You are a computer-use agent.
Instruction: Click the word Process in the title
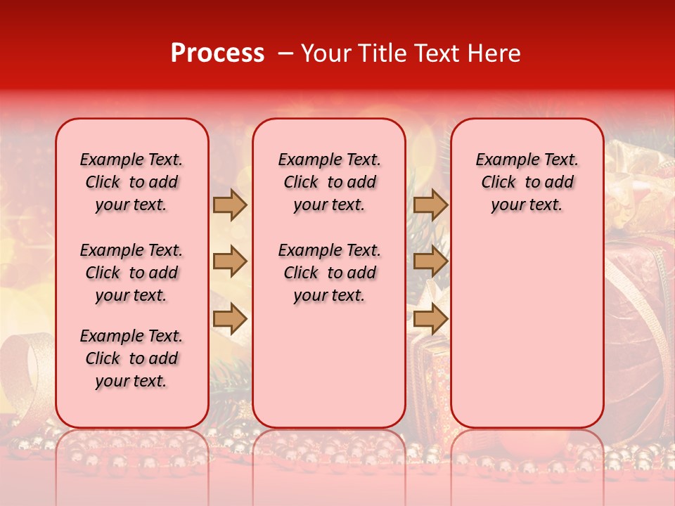(x=217, y=53)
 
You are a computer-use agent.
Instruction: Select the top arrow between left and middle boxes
(x=230, y=205)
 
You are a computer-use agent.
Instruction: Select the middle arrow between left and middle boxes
(x=230, y=262)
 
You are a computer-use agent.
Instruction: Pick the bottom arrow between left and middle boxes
(x=230, y=319)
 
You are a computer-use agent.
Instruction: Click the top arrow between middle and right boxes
(x=430, y=205)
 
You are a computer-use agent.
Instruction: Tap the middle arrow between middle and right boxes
(x=430, y=262)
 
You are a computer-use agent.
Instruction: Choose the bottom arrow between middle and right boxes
(x=430, y=319)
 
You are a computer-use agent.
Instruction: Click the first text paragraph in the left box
(x=131, y=182)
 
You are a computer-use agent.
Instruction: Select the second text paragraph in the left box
(x=131, y=273)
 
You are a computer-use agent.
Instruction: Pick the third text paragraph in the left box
(x=131, y=358)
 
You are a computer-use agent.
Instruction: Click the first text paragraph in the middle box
(x=329, y=182)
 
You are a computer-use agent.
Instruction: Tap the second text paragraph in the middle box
(x=329, y=273)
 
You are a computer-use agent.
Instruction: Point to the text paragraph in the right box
(x=527, y=182)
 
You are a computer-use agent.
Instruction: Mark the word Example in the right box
(x=501, y=160)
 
